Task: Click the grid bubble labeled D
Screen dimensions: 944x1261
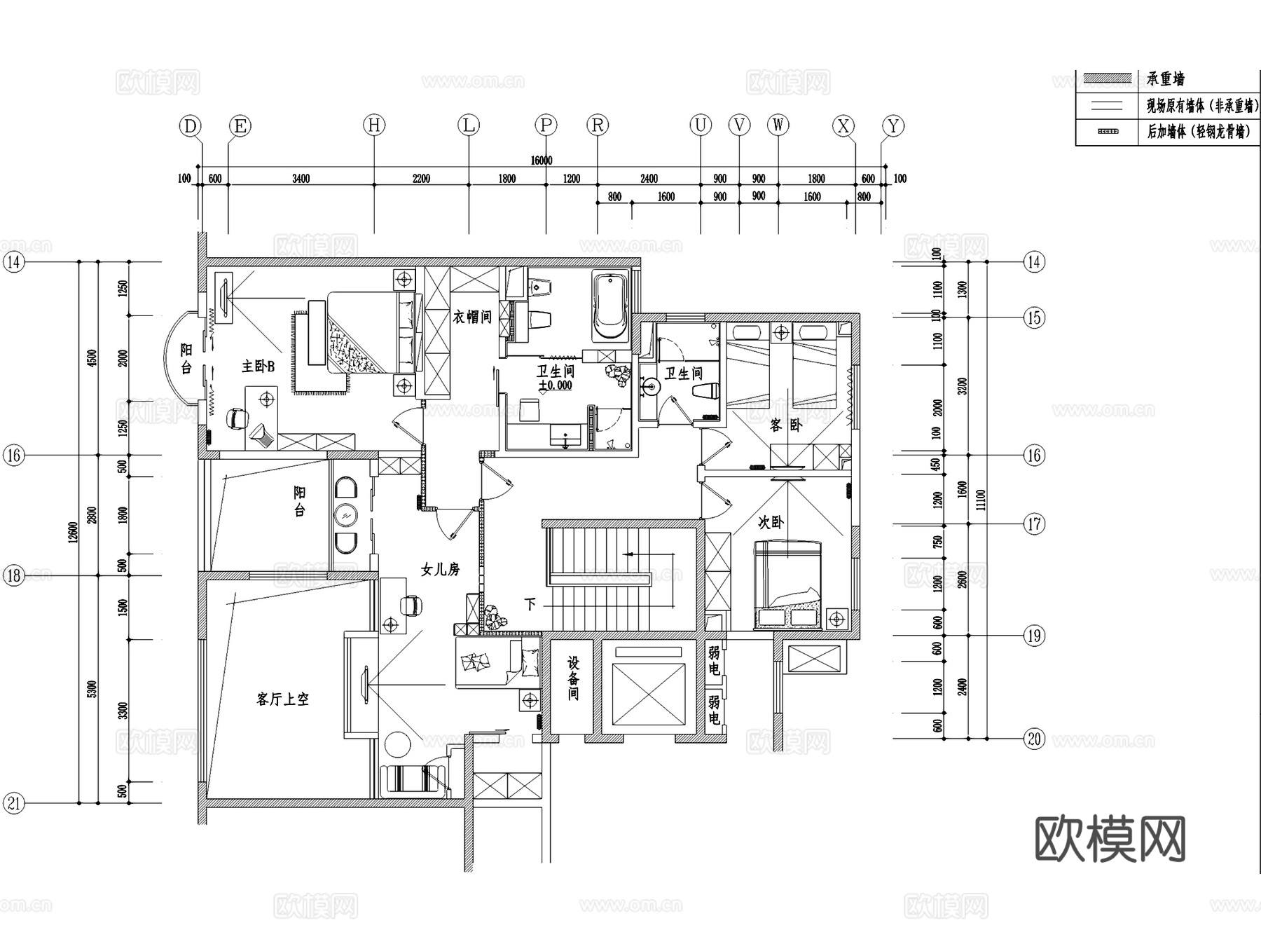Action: [190, 126]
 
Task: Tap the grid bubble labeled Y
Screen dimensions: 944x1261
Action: [893, 126]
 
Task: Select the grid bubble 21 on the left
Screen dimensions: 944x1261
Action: [14, 803]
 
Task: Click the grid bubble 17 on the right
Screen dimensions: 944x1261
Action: [1034, 524]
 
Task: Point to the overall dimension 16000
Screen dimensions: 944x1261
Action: [541, 160]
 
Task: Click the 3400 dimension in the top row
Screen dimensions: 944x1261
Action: [301, 179]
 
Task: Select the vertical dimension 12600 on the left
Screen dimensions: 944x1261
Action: [73, 533]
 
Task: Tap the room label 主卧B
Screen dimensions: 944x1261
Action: [258, 367]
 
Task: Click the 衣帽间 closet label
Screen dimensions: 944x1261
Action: [472, 317]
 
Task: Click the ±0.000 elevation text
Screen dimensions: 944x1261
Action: [556, 385]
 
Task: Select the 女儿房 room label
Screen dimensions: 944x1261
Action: [440, 570]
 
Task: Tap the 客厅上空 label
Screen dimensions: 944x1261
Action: [282, 699]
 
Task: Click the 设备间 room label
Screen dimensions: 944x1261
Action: [573, 678]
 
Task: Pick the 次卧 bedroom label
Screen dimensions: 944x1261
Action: [771, 522]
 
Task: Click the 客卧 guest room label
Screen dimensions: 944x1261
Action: [785, 425]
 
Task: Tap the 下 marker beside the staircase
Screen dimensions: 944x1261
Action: [530, 604]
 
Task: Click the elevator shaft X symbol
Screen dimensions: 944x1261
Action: [648, 693]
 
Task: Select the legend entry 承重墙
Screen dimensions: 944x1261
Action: [1166, 78]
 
